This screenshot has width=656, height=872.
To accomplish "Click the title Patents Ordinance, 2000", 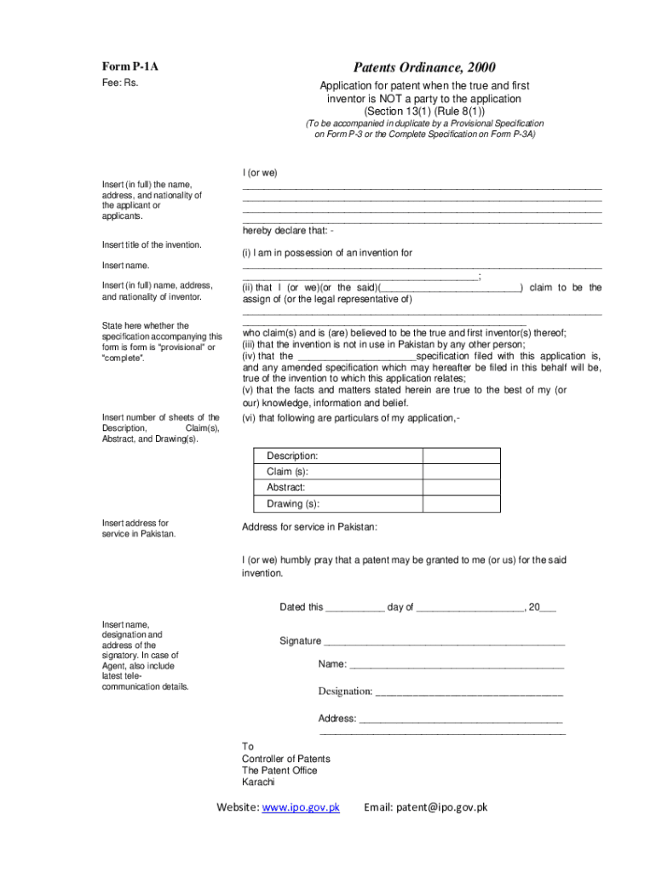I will click(424, 67).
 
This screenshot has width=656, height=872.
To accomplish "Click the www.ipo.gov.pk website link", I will click(301, 807).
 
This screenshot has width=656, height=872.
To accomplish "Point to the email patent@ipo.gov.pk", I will click(425, 807).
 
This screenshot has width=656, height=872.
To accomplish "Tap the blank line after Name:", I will click(457, 665).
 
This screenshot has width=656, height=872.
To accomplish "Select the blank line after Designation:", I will click(469, 692).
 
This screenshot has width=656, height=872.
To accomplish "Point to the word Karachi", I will click(258, 782).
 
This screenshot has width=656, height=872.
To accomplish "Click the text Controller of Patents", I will click(285, 759).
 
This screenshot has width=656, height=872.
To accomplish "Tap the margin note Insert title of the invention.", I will click(152, 245).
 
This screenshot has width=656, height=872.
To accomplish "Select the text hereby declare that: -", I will click(288, 230).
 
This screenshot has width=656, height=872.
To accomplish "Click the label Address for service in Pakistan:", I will click(309, 527).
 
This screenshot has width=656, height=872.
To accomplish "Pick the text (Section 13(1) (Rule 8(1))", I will click(424, 111).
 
